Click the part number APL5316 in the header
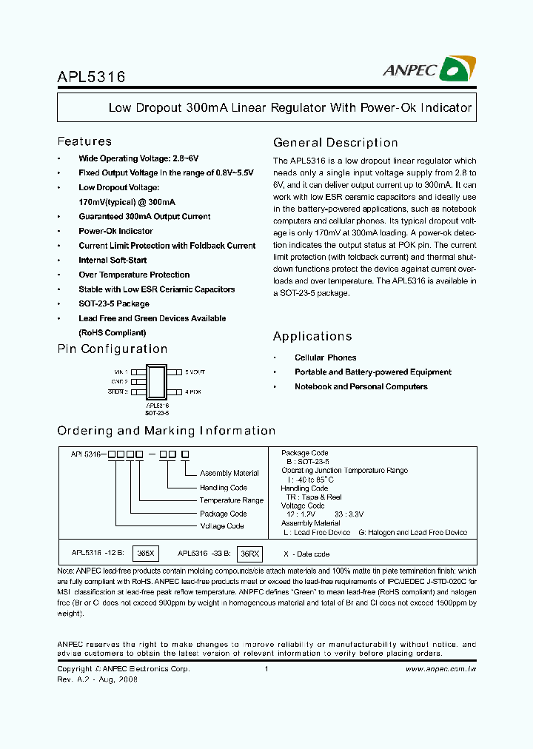91,76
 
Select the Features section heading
84,141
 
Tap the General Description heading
335,143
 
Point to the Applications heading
312,337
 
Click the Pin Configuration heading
113,349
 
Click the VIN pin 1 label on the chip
121,372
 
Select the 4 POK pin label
192,392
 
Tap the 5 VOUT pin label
195,372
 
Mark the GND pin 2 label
121,382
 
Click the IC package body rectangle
157,382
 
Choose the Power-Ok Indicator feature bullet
115,231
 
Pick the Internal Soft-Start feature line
113,260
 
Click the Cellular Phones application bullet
325,357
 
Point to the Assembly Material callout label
229,473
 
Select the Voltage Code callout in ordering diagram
222,526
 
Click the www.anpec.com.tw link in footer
441,669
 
